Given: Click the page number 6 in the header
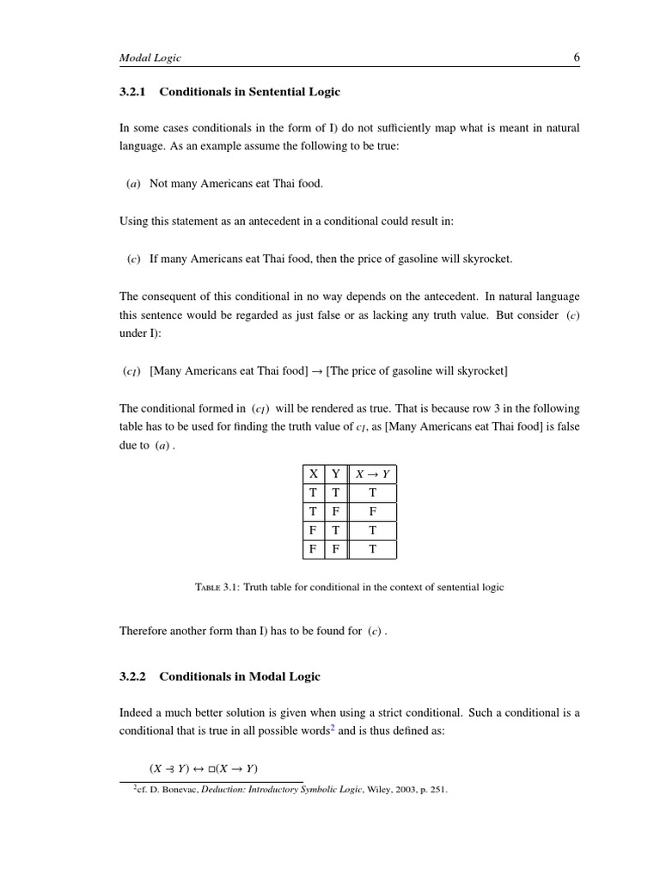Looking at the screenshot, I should [x=576, y=58].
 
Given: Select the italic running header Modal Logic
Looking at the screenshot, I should [x=150, y=58].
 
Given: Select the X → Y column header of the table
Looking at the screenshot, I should [x=372, y=474].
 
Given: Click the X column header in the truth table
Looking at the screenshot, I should [x=314, y=474].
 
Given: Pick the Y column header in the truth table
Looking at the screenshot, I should [x=336, y=474].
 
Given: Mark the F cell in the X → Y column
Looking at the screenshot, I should [x=372, y=511].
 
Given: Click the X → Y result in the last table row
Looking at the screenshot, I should [x=372, y=549].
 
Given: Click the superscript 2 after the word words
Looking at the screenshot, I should [x=333, y=728].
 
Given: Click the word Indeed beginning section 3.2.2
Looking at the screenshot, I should [x=137, y=712].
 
